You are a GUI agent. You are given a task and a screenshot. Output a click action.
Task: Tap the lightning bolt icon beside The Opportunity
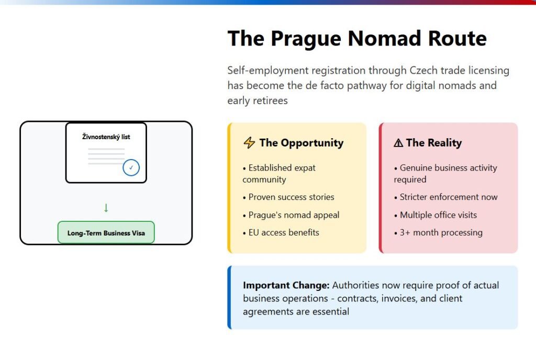coord(249,142)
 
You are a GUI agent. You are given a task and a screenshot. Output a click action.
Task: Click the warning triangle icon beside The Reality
coord(398,143)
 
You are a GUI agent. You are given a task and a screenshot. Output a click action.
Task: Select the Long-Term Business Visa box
coord(106,233)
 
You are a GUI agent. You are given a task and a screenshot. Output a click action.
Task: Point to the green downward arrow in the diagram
coord(106,208)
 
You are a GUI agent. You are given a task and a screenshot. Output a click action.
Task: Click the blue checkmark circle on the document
coord(131,168)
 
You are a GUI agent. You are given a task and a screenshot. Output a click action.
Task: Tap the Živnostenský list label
coord(106,137)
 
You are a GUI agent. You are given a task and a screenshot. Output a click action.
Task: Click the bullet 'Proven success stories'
coord(288,197)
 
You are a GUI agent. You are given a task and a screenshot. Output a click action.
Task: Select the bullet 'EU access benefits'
coord(281,233)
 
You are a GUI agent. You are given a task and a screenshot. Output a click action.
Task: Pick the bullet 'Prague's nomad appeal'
coord(291,215)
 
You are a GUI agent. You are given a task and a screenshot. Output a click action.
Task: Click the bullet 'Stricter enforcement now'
coord(446,197)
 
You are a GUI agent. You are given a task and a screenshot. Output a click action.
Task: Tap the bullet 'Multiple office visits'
coord(435,215)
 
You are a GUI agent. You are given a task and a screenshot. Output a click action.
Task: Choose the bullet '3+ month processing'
coord(438,233)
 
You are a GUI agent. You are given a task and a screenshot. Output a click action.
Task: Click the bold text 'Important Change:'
coord(286,285)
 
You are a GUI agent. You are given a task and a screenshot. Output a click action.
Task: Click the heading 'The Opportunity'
coord(301,143)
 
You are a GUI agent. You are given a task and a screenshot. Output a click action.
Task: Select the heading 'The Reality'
coord(434,143)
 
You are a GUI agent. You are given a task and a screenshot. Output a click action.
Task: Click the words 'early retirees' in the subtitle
coord(258,101)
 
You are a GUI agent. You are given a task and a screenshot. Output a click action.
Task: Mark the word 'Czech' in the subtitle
coord(423,70)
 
